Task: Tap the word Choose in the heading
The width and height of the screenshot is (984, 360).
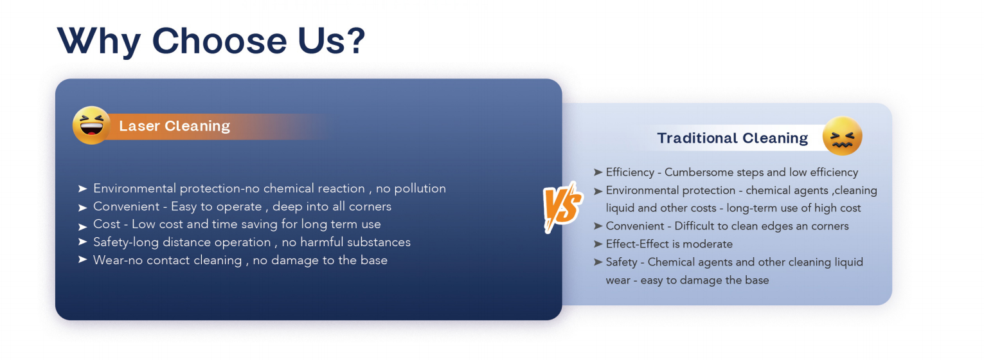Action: coord(219,41)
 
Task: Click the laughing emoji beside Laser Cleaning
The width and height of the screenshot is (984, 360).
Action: coord(91,125)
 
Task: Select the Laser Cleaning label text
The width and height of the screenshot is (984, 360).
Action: coord(174,126)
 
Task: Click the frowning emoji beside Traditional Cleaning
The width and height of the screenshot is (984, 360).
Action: coord(842,136)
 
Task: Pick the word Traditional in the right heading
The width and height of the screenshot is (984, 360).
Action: coord(696,138)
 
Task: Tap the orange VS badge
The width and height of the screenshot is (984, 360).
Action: coord(563,207)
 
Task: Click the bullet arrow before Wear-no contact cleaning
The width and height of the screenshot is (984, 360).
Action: coord(82,259)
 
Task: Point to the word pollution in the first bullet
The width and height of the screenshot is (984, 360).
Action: coord(420,188)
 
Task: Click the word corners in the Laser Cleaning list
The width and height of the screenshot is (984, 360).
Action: coord(370,206)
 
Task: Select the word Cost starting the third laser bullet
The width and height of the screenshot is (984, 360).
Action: coord(107,224)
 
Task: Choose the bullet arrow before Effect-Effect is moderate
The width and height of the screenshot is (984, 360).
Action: coord(598,244)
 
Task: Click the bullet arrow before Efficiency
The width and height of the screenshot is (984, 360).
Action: coord(598,172)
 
